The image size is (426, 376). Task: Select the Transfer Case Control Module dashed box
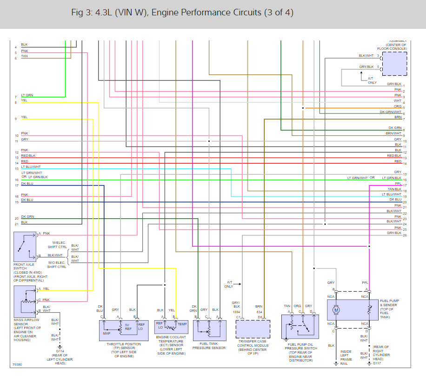(x=253, y=329)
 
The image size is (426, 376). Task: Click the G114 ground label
(x=60, y=351)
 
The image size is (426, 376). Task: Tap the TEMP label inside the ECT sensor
(x=182, y=324)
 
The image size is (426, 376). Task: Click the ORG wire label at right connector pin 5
(x=397, y=106)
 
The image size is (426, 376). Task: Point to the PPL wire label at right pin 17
(x=398, y=184)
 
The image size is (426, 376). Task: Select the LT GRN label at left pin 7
(x=27, y=95)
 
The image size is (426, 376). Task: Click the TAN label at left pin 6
(x=24, y=56)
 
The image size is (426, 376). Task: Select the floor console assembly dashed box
(x=394, y=63)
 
